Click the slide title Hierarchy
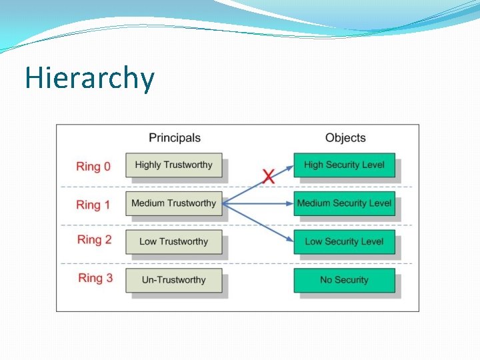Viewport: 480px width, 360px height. pyautogui.click(x=89, y=79)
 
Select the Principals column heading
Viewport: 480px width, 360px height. pyautogui.click(x=174, y=138)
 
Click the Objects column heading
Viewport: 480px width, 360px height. pyautogui.click(x=345, y=138)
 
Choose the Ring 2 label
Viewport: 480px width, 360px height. pyautogui.click(x=94, y=240)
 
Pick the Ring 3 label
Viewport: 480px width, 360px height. pyautogui.click(x=94, y=278)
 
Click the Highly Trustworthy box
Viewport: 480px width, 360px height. pyautogui.click(x=173, y=165)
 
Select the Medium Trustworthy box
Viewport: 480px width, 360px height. pyautogui.click(x=173, y=203)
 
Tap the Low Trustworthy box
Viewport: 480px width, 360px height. pyautogui.click(x=173, y=241)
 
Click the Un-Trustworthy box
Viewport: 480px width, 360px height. pyautogui.click(x=173, y=280)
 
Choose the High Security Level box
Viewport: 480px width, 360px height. pyautogui.click(x=344, y=165)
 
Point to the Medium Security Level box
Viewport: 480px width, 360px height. pyautogui.click(x=344, y=203)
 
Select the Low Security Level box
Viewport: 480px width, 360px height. pyautogui.click(x=344, y=241)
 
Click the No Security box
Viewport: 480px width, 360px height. pyautogui.click(x=344, y=280)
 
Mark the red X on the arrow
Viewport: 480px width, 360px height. pyautogui.click(x=268, y=177)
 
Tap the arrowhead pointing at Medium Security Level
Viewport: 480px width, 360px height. pyautogui.click(x=289, y=203)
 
